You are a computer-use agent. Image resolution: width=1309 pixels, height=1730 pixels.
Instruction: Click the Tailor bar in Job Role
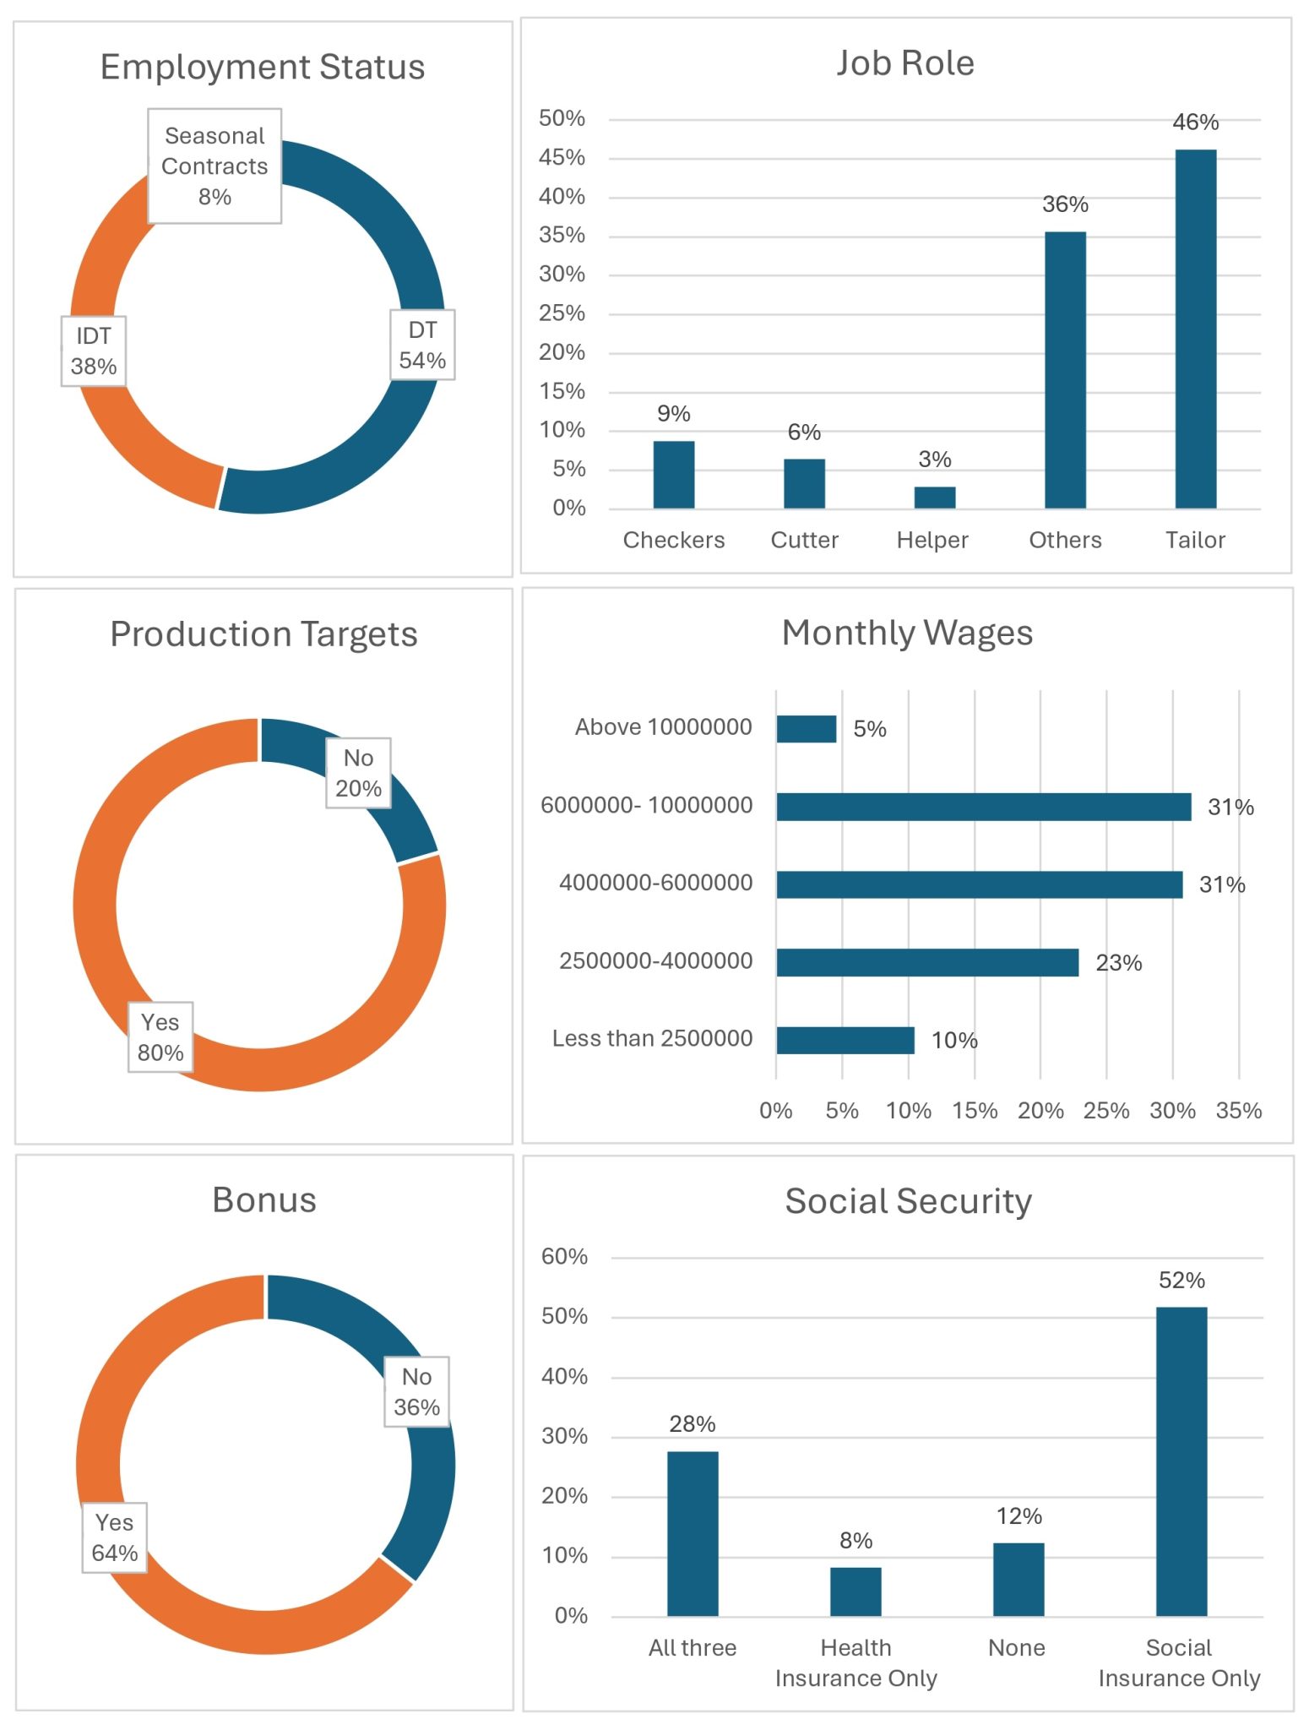pyautogui.click(x=1195, y=329)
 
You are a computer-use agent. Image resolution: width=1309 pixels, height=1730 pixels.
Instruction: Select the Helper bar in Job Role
pyautogui.click(x=934, y=498)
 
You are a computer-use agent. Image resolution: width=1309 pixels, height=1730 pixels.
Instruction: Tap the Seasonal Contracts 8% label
pyautogui.click(x=215, y=166)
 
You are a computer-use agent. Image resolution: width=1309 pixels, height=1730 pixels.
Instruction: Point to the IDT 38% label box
pyautogui.click(x=94, y=351)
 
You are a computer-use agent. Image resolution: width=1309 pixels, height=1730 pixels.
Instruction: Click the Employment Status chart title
pyautogui.click(x=262, y=68)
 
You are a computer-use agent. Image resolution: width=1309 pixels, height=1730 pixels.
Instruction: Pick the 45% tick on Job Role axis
pyautogui.click(x=562, y=158)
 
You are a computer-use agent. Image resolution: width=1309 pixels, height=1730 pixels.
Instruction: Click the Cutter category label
pyautogui.click(x=804, y=541)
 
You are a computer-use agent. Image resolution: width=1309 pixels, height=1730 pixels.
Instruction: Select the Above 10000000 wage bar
pyautogui.click(x=806, y=729)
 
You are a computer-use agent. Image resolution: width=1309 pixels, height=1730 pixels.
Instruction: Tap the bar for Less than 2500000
pyautogui.click(x=845, y=1040)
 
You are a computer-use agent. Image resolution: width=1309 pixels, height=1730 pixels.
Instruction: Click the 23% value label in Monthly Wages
pyautogui.click(x=1118, y=963)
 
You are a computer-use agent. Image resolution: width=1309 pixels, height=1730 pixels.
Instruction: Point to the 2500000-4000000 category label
pyautogui.click(x=655, y=961)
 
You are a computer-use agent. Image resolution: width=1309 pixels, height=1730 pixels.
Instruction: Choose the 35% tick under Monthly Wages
pyautogui.click(x=1238, y=1111)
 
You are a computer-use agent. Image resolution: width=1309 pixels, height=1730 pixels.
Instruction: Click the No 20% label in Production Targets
pyautogui.click(x=358, y=773)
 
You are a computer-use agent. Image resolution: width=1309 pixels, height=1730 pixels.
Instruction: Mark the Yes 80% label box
pyautogui.click(x=160, y=1037)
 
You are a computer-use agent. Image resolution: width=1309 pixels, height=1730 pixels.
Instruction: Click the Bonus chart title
pyautogui.click(x=263, y=1200)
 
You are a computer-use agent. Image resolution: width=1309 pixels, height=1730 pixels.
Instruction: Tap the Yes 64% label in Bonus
pyautogui.click(x=114, y=1537)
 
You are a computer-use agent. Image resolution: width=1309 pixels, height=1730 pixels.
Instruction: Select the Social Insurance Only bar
pyautogui.click(x=1181, y=1461)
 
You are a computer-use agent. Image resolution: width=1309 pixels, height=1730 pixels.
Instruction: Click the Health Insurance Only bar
pyautogui.click(x=855, y=1591)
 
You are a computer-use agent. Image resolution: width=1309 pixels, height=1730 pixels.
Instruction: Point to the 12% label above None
pyautogui.click(x=1018, y=1516)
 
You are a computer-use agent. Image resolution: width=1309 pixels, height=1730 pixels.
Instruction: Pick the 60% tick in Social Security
pyautogui.click(x=564, y=1257)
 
